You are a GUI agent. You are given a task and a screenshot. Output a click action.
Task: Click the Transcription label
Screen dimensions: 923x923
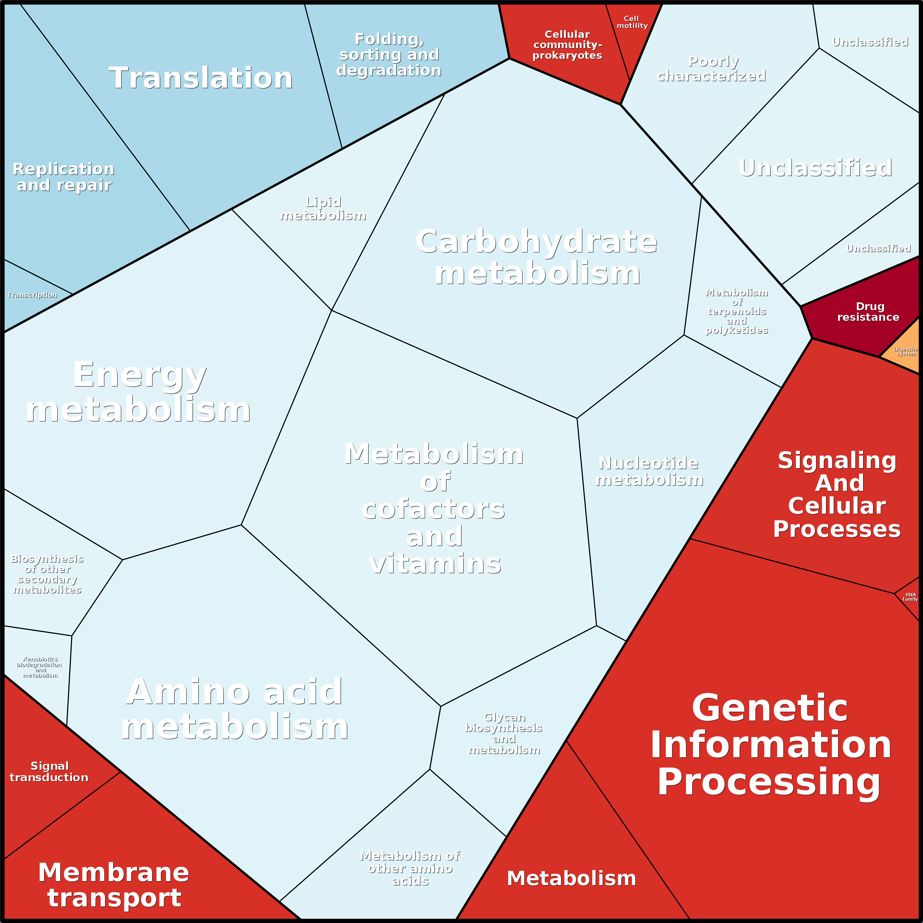click(32, 295)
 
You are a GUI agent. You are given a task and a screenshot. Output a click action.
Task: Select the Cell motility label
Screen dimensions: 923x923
click(632, 22)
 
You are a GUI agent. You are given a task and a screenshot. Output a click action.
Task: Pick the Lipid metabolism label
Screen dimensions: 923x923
click(323, 209)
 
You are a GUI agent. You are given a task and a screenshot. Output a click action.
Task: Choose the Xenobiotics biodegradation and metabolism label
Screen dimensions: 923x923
click(40, 667)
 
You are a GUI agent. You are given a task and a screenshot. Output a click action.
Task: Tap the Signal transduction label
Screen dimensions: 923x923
click(49, 772)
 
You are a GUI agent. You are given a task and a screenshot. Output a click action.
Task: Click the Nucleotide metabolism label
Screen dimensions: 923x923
click(649, 471)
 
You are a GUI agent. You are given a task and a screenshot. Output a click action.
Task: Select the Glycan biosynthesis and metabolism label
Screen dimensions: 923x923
click(504, 733)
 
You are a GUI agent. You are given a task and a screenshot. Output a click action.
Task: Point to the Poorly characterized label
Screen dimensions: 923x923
click(712, 69)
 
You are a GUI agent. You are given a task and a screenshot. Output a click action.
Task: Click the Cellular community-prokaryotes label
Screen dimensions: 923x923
click(567, 45)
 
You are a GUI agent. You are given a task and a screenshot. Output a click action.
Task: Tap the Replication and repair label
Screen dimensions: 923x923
click(64, 177)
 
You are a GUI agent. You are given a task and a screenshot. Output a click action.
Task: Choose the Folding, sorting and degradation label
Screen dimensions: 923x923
click(389, 54)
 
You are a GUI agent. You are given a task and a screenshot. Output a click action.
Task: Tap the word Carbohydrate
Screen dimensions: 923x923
click(536, 242)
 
